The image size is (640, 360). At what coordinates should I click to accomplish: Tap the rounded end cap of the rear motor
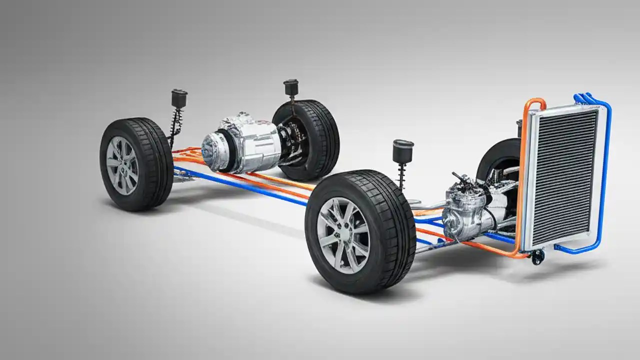[212, 147]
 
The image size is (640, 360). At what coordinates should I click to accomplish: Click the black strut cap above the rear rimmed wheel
[179, 98]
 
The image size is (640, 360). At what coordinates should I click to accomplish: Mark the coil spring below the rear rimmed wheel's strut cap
[175, 125]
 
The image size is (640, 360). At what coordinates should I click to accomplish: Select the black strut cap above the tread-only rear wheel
[291, 88]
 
